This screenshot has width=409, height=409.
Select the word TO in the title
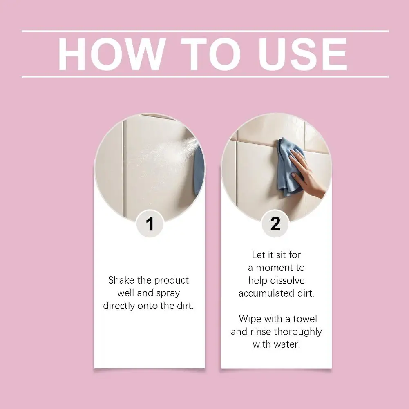(x=211, y=54)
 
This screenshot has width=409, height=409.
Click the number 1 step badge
(x=150, y=224)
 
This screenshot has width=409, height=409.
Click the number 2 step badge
(x=275, y=224)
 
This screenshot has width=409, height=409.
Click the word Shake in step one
(x=121, y=280)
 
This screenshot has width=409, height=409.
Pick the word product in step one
(x=172, y=281)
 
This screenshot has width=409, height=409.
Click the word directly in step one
(x=119, y=306)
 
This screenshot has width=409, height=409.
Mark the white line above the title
(x=205, y=31)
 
